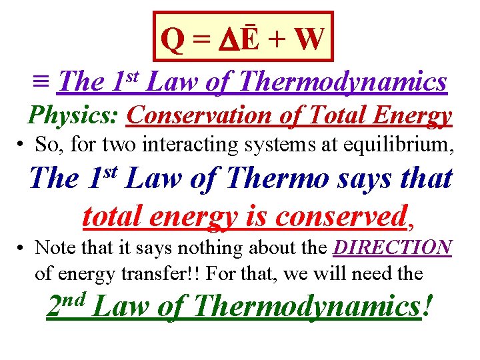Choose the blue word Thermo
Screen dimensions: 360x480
[x=291, y=178]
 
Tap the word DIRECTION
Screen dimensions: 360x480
[x=393, y=247]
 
